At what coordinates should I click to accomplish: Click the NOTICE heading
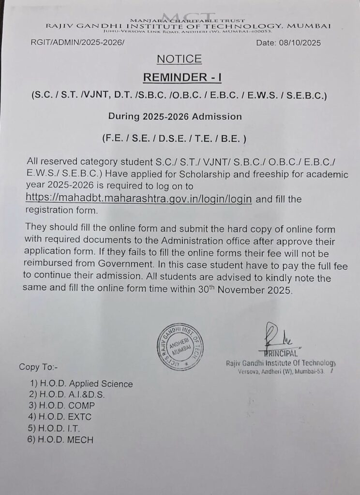pyautogui.click(x=179, y=59)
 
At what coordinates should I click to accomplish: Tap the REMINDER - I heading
pyautogui.click(x=179, y=78)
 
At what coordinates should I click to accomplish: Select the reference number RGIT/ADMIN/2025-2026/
pyautogui.click(x=78, y=43)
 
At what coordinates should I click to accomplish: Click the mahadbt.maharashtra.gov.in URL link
pyautogui.click(x=138, y=199)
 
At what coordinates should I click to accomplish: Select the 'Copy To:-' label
pyautogui.click(x=38, y=366)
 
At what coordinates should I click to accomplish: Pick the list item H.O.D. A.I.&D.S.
pyautogui.click(x=67, y=394)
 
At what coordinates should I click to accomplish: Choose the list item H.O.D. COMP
pyautogui.click(x=62, y=406)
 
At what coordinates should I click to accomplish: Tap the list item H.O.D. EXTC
pyautogui.click(x=60, y=417)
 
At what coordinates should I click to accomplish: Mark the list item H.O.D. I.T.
pyautogui.click(x=55, y=428)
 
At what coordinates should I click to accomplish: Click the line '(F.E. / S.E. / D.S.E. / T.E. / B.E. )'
pyautogui.click(x=175, y=138)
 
